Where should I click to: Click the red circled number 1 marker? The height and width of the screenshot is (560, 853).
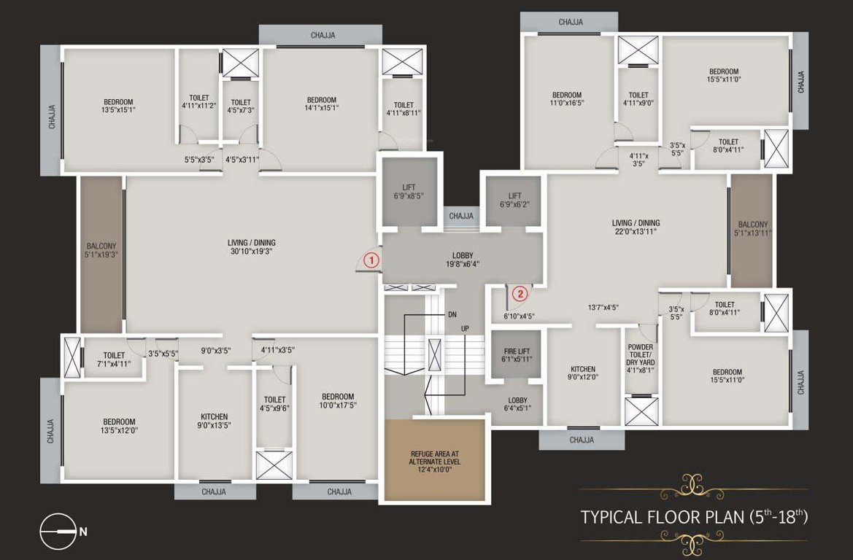click(371, 259)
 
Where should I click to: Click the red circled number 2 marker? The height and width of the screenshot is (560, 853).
click(520, 294)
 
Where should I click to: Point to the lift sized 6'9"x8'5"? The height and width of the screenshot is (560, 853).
click(408, 191)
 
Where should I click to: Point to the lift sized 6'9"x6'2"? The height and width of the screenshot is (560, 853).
click(514, 201)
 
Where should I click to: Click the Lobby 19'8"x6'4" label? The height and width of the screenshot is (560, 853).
click(463, 260)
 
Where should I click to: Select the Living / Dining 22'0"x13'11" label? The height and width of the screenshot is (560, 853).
click(636, 227)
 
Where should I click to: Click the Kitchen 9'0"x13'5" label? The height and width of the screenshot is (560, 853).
click(214, 421)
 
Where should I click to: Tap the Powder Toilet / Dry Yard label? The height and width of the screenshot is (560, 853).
click(640, 358)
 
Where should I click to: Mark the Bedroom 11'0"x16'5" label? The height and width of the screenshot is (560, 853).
click(566, 100)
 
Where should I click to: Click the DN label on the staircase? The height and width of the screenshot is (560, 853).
click(452, 315)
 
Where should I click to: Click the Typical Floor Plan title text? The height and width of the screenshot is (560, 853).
click(694, 518)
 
